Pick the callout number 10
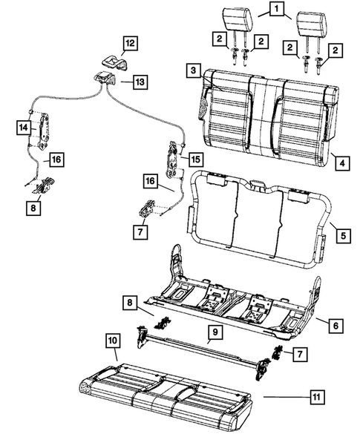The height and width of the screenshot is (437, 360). pyautogui.click(x=111, y=341)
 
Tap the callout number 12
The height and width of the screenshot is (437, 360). pyautogui.click(x=130, y=44)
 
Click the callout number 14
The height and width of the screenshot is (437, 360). pyautogui.click(x=22, y=128)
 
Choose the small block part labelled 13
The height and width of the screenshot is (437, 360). pyautogui.click(x=106, y=79)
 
